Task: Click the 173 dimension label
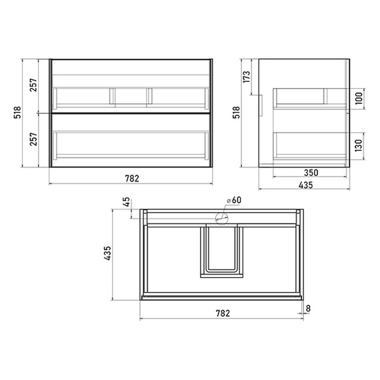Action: pyautogui.click(x=246, y=77)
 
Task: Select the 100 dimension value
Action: pyautogui.click(x=359, y=99)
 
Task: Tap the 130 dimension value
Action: pyautogui.click(x=359, y=145)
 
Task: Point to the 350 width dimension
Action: pyautogui.click(x=311, y=173)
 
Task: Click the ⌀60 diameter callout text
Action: pyautogui.click(x=234, y=200)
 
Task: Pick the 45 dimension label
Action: pyautogui.click(x=126, y=202)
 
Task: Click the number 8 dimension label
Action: pyautogui.click(x=308, y=309)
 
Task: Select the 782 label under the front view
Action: pyautogui.click(x=132, y=179)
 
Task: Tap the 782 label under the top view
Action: pyautogui.click(x=223, y=313)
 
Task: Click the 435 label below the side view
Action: pyautogui.click(x=306, y=185)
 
